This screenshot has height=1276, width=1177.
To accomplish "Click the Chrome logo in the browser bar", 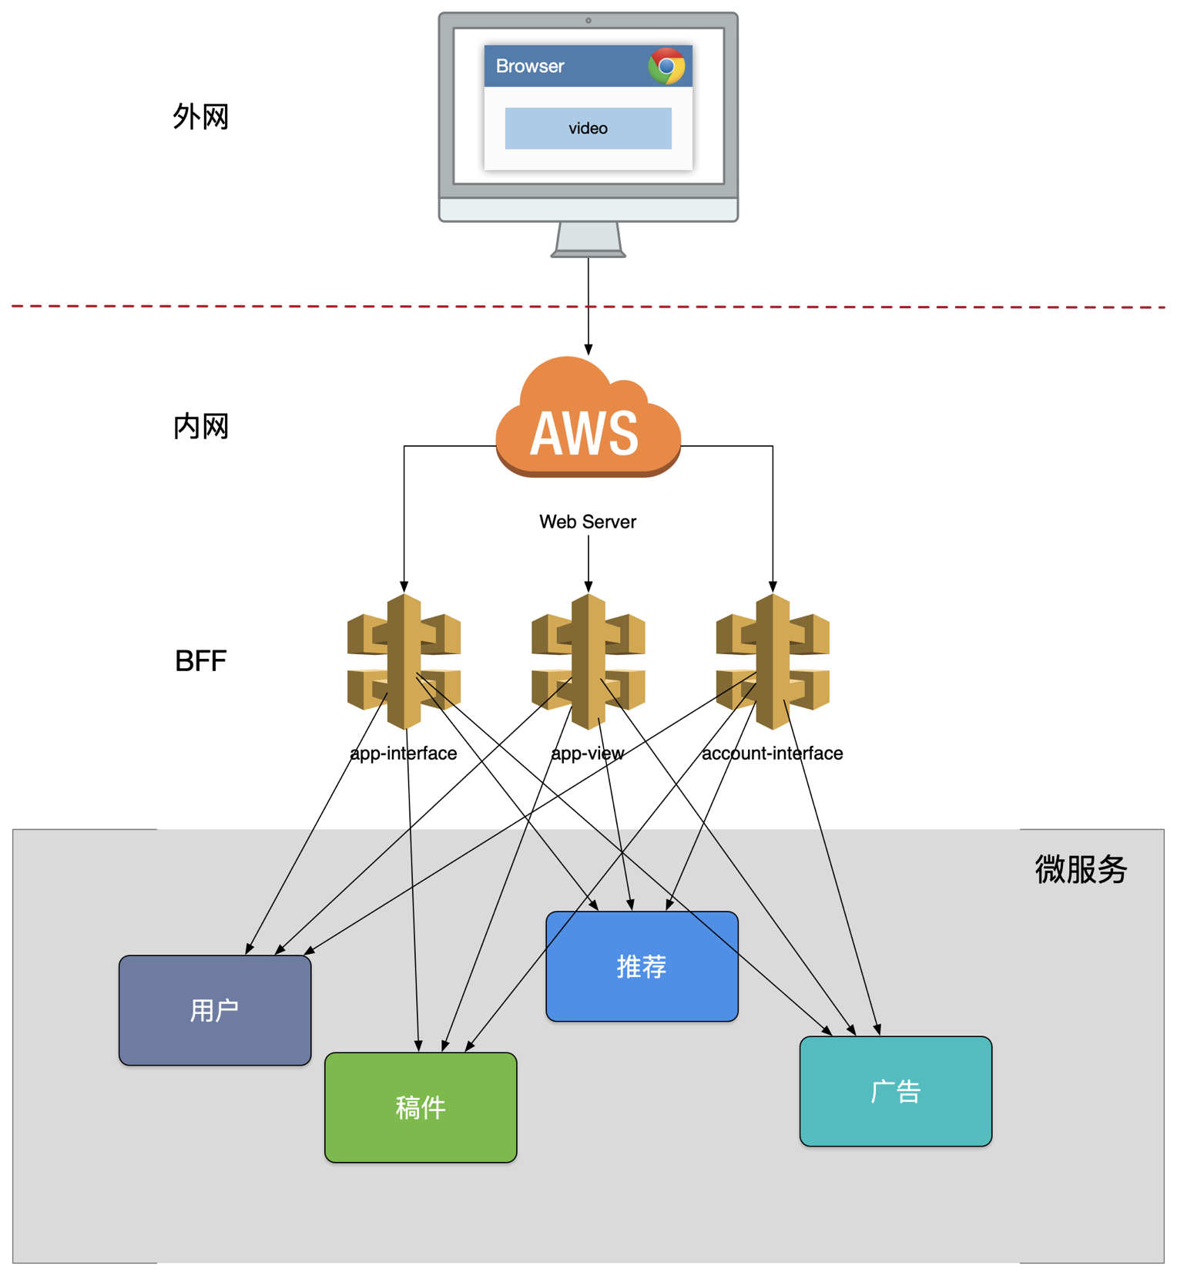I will point(666,66).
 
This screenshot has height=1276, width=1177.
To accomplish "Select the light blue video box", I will point(588,128).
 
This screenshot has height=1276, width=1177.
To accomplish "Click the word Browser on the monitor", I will point(530,66).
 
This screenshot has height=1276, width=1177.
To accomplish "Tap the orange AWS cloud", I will point(587,420).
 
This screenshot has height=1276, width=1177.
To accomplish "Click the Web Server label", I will point(588,522).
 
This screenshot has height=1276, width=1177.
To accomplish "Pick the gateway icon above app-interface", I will point(404,661).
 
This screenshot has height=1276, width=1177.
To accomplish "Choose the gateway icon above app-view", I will point(588,661).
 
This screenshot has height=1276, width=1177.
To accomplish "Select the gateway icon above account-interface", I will point(773,661).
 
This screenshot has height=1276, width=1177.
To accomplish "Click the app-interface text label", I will point(404,753).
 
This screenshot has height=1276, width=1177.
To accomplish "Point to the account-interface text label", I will point(772,753).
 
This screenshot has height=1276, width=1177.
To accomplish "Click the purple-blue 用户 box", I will point(215,1010).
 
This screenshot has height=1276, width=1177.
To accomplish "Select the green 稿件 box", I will point(421,1107).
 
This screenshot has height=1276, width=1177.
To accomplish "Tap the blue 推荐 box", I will point(642,966).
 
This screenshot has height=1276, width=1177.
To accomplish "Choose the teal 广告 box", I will point(896,1091).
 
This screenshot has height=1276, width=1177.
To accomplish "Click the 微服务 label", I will point(1080,869).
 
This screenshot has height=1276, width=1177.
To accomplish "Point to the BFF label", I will point(200,661).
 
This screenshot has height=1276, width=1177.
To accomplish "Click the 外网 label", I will point(200,117).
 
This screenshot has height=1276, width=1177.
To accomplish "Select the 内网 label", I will point(200,426).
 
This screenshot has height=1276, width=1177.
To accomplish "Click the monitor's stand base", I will point(588,252).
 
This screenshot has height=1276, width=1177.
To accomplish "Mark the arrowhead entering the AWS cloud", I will point(588,351).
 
